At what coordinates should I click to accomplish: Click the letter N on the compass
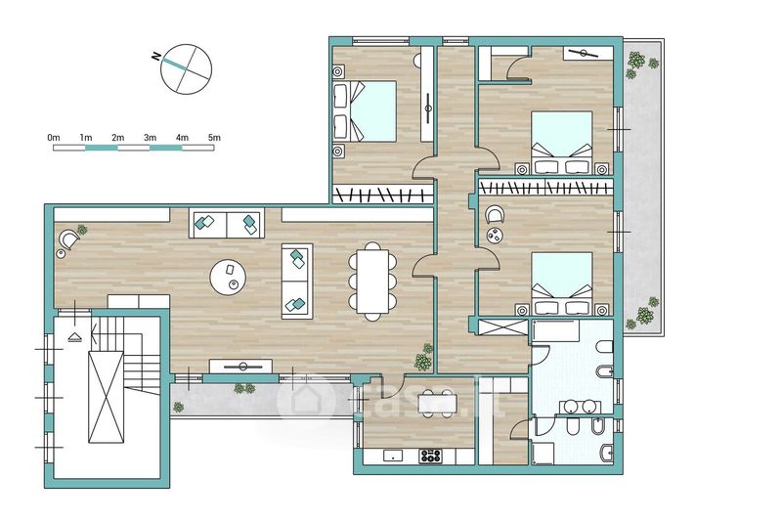tap(156, 56)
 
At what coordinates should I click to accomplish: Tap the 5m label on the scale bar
tap(214, 138)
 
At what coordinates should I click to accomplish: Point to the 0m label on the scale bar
tap(54, 138)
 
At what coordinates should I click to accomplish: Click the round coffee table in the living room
tap(228, 278)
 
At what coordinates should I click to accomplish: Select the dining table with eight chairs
tap(372, 282)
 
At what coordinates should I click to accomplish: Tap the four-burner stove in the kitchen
tap(430, 456)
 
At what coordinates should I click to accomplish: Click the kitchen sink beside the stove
tap(394, 456)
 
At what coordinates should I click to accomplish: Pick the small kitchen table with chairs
tap(437, 403)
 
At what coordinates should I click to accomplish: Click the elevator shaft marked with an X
tap(106, 397)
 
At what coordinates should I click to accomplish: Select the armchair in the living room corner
tap(67, 239)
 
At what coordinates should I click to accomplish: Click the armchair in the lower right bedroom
tap(495, 215)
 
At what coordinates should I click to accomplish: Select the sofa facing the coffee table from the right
tap(297, 282)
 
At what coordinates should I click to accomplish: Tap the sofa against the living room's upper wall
tap(227, 225)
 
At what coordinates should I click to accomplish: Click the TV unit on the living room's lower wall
tap(240, 366)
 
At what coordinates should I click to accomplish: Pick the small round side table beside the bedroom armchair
tap(495, 236)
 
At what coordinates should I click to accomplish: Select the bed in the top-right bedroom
tap(561, 143)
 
